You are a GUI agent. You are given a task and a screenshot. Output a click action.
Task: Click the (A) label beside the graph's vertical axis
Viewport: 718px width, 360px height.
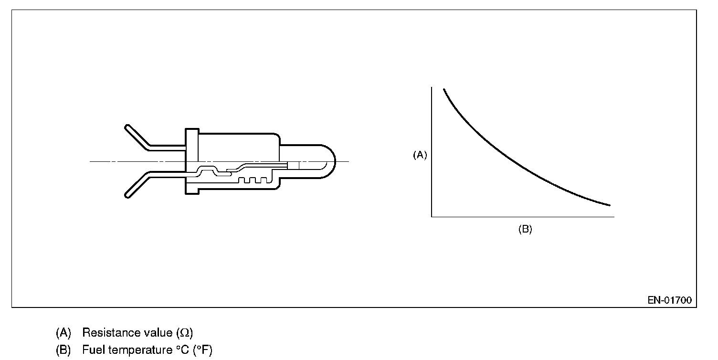coord(420,155)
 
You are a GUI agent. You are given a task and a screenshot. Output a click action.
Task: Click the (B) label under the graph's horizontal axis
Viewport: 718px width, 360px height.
coord(525,229)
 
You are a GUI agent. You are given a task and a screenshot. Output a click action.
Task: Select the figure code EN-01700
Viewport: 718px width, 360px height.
coord(670,300)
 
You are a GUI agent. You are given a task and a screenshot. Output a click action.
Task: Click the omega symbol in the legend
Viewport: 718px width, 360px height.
coord(185,333)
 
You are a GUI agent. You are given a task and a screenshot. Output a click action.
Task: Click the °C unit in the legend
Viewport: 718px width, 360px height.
coord(183,349)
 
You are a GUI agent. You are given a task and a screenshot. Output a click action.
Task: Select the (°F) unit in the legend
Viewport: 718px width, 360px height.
coord(202,350)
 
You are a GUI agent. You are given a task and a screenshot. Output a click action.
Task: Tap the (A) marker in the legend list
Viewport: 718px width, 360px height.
coord(63,333)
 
